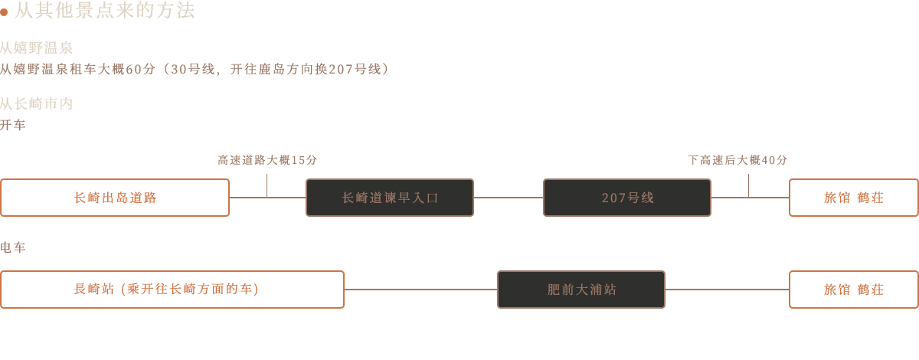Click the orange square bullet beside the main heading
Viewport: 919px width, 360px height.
pyautogui.click(x=5, y=11)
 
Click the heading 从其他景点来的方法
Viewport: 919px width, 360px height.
pyautogui.click(x=105, y=11)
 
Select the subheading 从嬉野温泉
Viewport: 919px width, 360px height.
pyautogui.click(x=36, y=48)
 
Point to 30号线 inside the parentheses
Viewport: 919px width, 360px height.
pyautogui.click(x=188, y=69)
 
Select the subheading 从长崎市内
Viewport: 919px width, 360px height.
pyautogui.click(x=36, y=103)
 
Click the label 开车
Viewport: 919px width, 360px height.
pyautogui.click(x=12, y=125)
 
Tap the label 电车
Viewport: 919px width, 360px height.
pyautogui.click(x=12, y=247)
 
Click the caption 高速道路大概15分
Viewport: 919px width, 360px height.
pyautogui.click(x=267, y=160)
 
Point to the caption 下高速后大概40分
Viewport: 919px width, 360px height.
pyautogui.click(x=737, y=160)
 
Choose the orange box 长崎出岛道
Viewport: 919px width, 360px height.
pyautogui.click(x=115, y=198)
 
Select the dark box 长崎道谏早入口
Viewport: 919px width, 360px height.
pyautogui.click(x=390, y=198)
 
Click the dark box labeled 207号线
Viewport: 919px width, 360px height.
pyautogui.click(x=627, y=198)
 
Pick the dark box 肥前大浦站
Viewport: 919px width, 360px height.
pyautogui.click(x=581, y=290)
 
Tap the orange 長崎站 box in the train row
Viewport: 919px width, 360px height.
pyautogui.click(x=172, y=289)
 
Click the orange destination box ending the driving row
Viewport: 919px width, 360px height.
pyautogui.click(x=853, y=198)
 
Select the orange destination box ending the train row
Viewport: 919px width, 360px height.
pyautogui.click(x=853, y=289)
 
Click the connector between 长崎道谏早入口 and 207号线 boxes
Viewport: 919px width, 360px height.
pyautogui.click(x=509, y=197)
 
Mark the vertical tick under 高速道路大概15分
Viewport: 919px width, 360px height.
pyautogui.click(x=267, y=184)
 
